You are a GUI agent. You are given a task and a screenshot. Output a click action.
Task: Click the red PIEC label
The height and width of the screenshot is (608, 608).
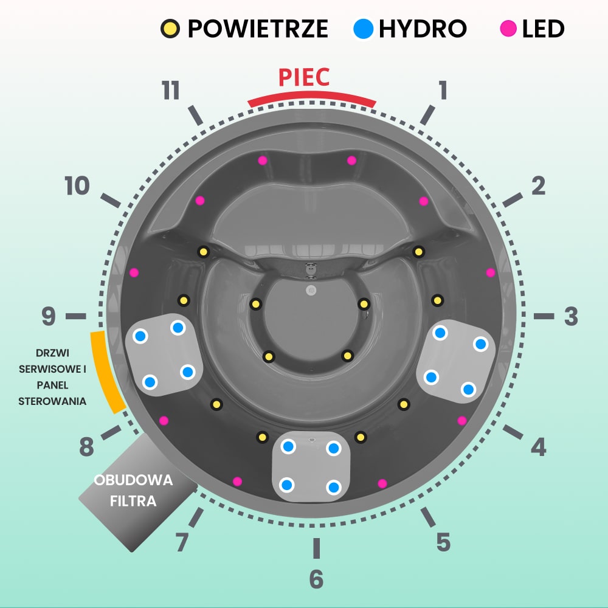click(x=304, y=78)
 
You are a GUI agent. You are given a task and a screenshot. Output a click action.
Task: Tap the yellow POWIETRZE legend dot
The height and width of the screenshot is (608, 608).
click(x=170, y=28)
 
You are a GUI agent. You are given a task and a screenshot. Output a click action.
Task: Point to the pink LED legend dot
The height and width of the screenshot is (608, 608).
click(x=508, y=28)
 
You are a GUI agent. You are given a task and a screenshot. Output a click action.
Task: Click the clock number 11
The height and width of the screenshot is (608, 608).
click(x=171, y=91)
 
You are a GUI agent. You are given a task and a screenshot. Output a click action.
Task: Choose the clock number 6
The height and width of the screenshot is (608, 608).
click(x=316, y=579)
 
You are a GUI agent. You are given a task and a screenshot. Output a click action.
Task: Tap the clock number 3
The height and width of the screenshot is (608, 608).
click(x=570, y=316)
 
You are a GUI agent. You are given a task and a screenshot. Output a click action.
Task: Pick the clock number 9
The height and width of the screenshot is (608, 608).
click(x=49, y=316)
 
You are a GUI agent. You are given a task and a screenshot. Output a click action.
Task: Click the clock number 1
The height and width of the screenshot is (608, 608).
click(x=443, y=90)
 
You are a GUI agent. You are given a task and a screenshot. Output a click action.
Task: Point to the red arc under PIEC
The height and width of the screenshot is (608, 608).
click(x=311, y=97)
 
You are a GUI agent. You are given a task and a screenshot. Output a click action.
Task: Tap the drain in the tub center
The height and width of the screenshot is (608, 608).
click(x=311, y=290)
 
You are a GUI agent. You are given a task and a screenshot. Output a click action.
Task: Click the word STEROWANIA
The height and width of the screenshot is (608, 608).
click(x=52, y=401)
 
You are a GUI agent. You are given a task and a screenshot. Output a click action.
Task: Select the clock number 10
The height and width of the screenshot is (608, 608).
click(x=77, y=186)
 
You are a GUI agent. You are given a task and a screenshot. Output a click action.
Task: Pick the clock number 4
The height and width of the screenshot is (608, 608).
click(x=538, y=448)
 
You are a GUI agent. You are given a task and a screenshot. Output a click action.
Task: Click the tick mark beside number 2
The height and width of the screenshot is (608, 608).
click(x=513, y=199)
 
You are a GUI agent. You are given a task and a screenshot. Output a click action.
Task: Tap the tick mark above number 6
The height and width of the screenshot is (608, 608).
click(x=316, y=548)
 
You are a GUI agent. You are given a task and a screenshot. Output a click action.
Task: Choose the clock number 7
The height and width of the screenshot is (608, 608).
click(x=182, y=542)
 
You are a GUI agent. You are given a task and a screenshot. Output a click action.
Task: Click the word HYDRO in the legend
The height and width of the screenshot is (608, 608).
click(x=423, y=28)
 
